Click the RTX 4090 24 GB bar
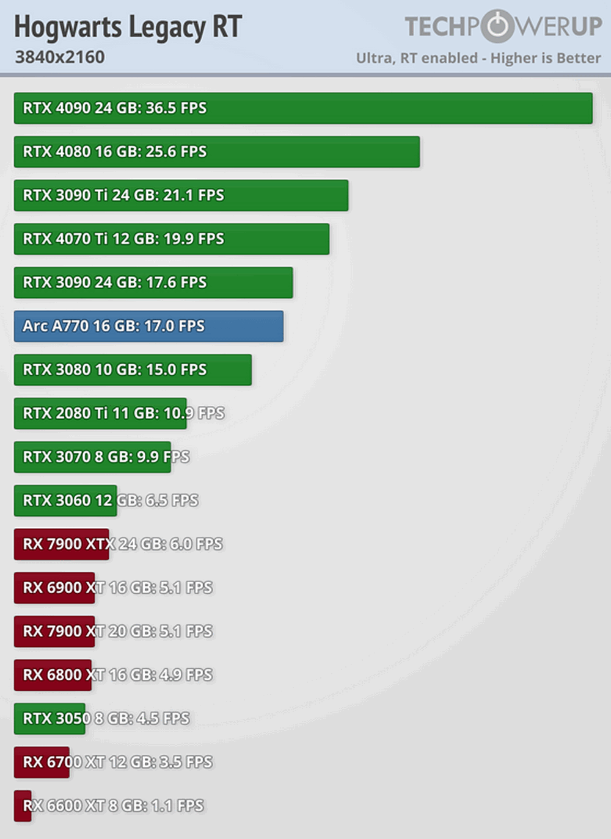[303, 108]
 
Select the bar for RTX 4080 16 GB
[217, 152]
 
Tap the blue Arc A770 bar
[148, 326]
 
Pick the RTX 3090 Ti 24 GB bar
[181, 195]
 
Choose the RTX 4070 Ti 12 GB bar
[172, 239]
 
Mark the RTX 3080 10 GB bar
[133, 370]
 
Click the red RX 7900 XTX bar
[61, 544]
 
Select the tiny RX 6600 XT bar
[23, 806]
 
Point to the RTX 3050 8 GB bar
[49, 719]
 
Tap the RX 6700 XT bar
[42, 762]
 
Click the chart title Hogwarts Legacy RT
[128, 27]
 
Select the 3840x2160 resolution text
[60, 57]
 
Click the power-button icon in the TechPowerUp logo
[498, 26]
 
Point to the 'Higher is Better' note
[546, 59]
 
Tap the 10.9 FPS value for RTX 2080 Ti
[194, 414]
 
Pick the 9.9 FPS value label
[160, 457]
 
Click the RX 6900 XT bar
[54, 588]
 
